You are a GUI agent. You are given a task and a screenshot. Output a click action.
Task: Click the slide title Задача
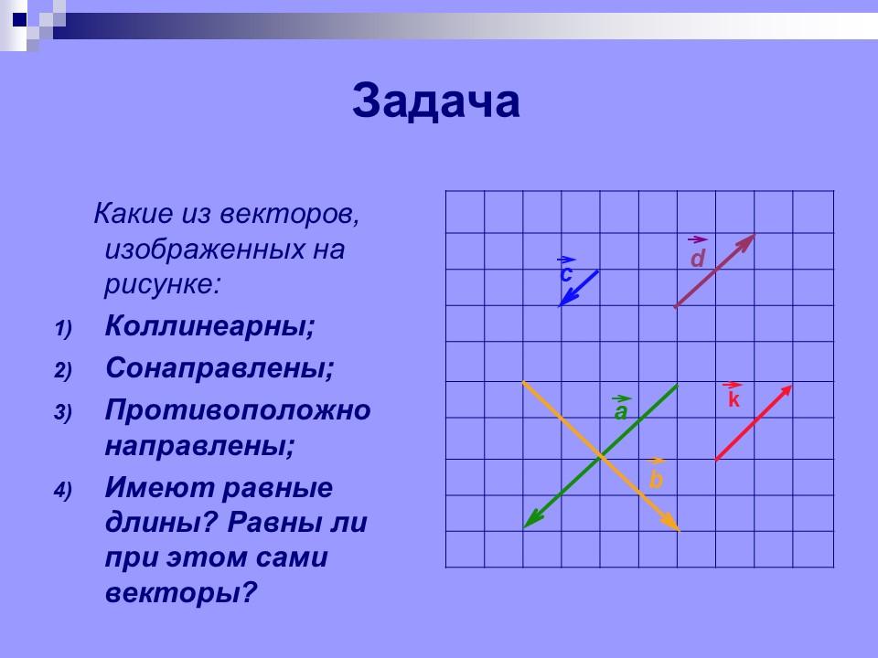tap(436, 102)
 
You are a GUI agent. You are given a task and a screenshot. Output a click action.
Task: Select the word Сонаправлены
tap(219, 369)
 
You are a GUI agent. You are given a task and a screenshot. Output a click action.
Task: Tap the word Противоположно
tap(238, 410)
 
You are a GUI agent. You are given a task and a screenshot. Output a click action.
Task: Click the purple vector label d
tap(698, 260)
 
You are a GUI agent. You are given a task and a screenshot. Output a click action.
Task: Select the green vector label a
tap(621, 412)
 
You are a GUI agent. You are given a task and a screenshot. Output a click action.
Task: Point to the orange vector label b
tap(656, 479)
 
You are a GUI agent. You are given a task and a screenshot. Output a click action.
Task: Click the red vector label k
tap(733, 400)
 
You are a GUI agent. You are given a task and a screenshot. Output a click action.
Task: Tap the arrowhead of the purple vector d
tap(749, 239)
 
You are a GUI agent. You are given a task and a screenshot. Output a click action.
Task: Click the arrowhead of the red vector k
tap(787, 390)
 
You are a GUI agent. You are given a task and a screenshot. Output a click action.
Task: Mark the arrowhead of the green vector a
tap(530, 522)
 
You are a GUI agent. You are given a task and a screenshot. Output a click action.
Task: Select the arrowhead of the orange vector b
tap(674, 525)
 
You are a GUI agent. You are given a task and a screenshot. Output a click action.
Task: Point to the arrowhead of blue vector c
tap(563, 301)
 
